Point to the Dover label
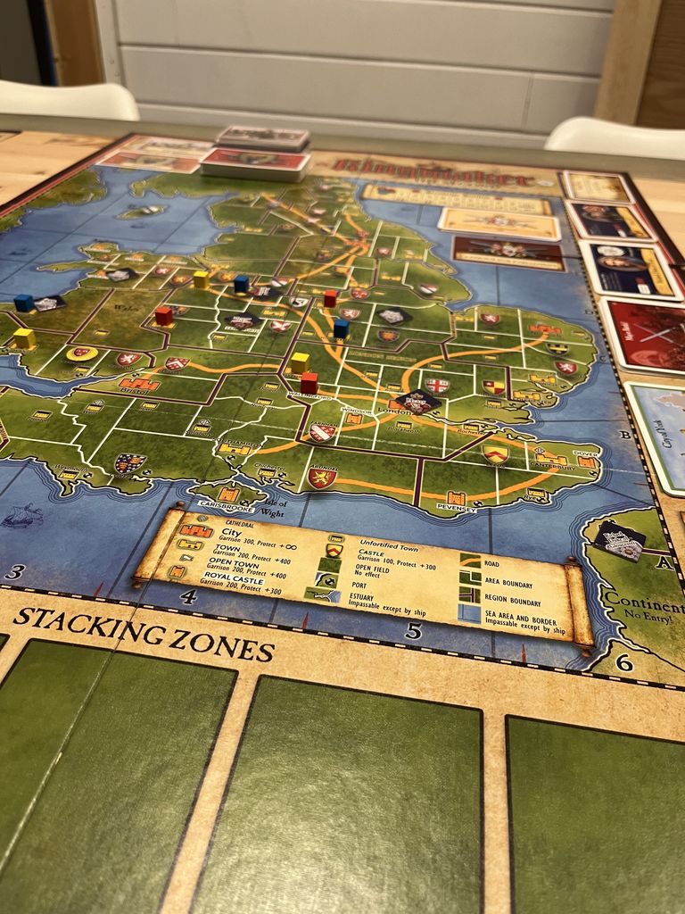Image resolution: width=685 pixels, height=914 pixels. coord(586,453)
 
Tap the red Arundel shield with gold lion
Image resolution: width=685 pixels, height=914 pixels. coord(321,477)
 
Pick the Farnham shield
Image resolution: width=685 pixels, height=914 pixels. coord(321,432)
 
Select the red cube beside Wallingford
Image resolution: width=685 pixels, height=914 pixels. coord(309,382)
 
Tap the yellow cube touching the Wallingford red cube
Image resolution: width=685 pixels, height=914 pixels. coord(300,362)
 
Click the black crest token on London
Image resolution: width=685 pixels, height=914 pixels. coord(417,401)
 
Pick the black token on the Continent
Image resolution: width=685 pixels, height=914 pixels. coord(619,539)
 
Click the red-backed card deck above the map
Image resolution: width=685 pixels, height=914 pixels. coord(254,162)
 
